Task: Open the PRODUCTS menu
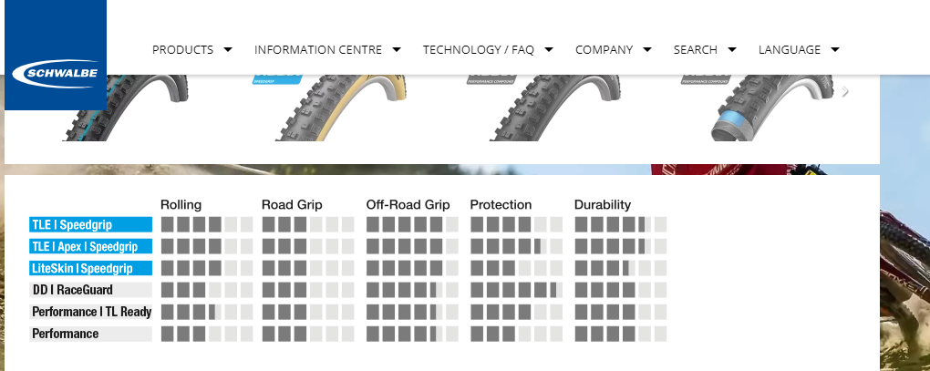[x=191, y=50]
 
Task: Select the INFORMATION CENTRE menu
[x=327, y=50]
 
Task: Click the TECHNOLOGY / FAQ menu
[x=488, y=50]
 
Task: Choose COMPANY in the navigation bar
[x=613, y=50]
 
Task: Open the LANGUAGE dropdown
[x=799, y=50]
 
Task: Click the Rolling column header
[x=181, y=204]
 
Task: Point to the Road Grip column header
[x=292, y=204]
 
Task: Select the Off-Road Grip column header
[x=408, y=204]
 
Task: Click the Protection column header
[x=501, y=204]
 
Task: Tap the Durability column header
[x=602, y=204]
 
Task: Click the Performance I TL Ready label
[x=90, y=312]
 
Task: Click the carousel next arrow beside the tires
[x=845, y=91]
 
